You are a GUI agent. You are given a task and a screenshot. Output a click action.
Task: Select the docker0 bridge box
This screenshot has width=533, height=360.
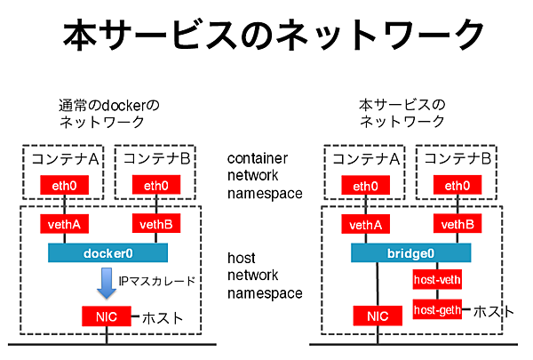point(107,253)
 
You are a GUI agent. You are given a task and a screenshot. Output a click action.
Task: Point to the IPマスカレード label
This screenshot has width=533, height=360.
point(156,282)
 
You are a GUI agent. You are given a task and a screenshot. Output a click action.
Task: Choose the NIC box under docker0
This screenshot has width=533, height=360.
point(107,315)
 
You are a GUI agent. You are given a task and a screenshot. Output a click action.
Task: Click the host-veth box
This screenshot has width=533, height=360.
point(437,282)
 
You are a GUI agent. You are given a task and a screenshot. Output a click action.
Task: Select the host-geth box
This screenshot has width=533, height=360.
point(437,311)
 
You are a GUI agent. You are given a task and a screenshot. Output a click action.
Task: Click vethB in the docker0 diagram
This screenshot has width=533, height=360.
point(153,225)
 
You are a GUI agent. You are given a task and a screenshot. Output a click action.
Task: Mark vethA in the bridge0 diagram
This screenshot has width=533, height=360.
point(365,225)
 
